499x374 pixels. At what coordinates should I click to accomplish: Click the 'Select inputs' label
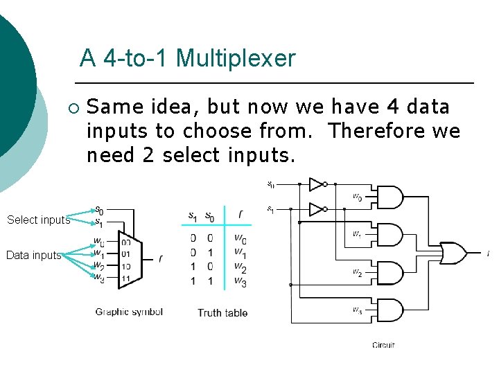pyautogui.click(x=38, y=220)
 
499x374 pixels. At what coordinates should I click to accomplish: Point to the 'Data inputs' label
pyautogui.click(x=33, y=256)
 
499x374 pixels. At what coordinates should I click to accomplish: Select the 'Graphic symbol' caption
pyautogui.click(x=129, y=312)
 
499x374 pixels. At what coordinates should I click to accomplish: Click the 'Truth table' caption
pyautogui.click(x=222, y=313)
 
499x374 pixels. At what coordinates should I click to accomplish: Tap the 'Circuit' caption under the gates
pyautogui.click(x=383, y=345)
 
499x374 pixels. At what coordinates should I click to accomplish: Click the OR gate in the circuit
pyautogui.click(x=453, y=253)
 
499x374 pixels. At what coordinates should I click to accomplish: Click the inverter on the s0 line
pyautogui.click(x=316, y=184)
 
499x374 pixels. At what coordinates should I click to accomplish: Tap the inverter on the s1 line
pyautogui.click(x=316, y=208)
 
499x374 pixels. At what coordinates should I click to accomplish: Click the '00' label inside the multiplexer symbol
pyautogui.click(x=126, y=242)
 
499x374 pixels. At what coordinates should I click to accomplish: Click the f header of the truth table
pyautogui.click(x=240, y=215)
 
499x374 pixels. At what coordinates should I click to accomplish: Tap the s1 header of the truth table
pyautogui.click(x=193, y=217)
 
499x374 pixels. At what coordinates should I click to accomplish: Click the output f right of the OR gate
pyautogui.click(x=489, y=253)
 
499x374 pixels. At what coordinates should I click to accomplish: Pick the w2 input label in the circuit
pyautogui.click(x=357, y=273)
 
